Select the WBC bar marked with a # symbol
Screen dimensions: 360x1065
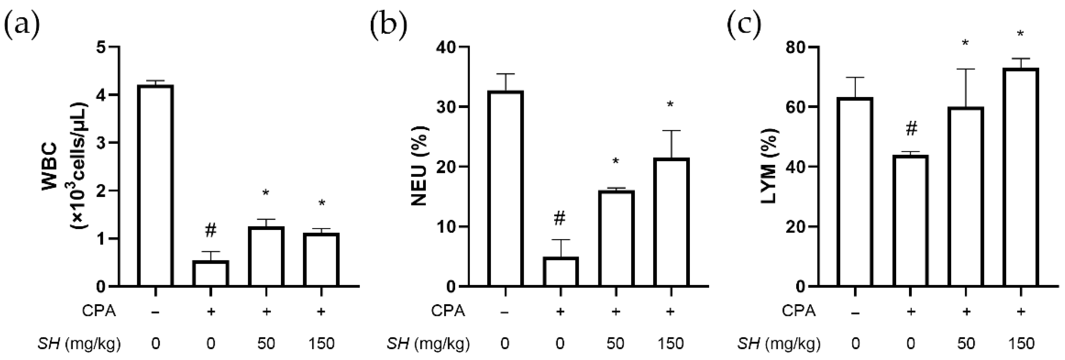click(x=210, y=273)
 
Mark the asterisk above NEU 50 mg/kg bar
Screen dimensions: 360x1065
click(x=616, y=161)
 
